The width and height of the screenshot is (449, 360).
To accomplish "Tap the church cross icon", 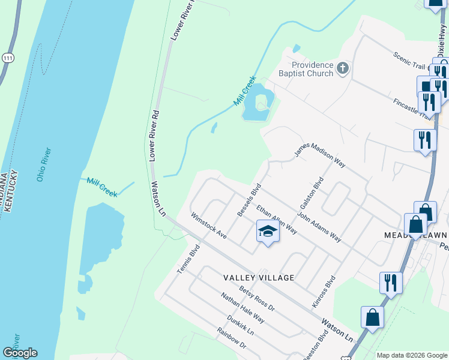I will tap(343, 68).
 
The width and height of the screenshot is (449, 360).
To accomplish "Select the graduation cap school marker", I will tap(268, 231).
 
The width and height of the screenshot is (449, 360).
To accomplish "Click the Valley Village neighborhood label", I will tap(259, 278).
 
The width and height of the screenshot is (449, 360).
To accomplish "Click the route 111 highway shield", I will tap(8, 57).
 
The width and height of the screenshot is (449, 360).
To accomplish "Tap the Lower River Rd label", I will tap(154, 136).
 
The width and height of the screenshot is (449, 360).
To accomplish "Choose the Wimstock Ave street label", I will tap(208, 226).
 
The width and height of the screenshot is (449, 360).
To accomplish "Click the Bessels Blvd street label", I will tap(250, 200).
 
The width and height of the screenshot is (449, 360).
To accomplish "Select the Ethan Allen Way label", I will tap(277, 220).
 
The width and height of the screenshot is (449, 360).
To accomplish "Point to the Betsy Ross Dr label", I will tap(256, 299).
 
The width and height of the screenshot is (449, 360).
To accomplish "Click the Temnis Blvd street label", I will tap(188, 261).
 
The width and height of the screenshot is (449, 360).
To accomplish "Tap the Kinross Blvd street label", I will tap(322, 293).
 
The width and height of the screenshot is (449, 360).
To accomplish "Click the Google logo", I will tap(20, 353).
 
